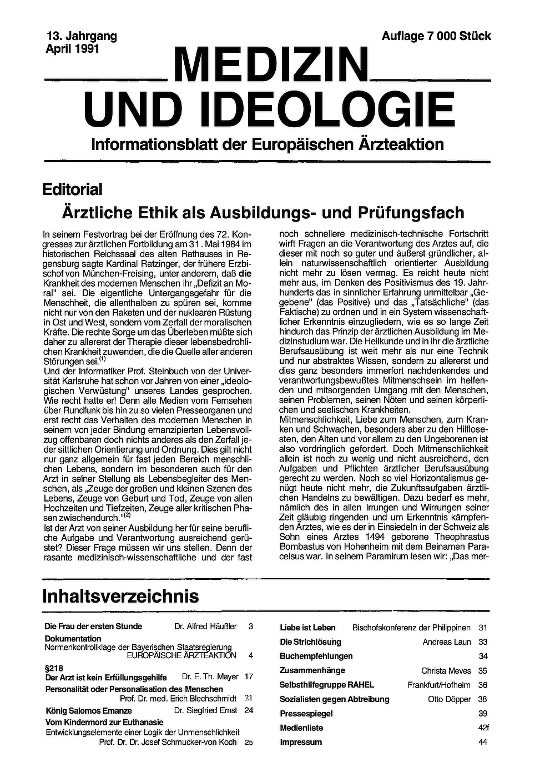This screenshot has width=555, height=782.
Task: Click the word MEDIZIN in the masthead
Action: coord(272,66)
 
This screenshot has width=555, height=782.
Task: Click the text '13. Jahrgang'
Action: coord(82,36)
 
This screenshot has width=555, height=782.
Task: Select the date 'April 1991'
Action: coord(72,48)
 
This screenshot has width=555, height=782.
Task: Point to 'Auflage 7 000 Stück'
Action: coord(436,36)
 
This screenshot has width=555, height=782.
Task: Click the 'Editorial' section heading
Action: coord(73,189)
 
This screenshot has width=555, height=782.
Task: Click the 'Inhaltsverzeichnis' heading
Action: coord(120,596)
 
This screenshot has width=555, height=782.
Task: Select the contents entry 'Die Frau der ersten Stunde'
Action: coord(93,626)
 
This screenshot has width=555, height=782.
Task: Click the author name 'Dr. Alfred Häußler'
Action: coord(205,626)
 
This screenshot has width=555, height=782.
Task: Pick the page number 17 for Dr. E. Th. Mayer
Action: coord(249,676)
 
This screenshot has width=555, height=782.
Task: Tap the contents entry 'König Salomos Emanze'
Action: coord(88,710)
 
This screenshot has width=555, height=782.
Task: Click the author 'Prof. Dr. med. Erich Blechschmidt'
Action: coord(178,698)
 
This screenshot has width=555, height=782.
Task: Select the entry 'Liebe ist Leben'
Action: coord(307,628)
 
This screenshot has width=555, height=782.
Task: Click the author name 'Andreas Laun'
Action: coord(447,642)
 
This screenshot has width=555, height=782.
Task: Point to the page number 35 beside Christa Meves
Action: coord(482,670)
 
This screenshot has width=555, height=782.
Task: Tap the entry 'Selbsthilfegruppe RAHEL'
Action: coord(327,685)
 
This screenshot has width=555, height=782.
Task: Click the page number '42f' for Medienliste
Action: coord(483,728)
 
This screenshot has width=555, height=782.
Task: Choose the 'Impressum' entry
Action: coord(301,742)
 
